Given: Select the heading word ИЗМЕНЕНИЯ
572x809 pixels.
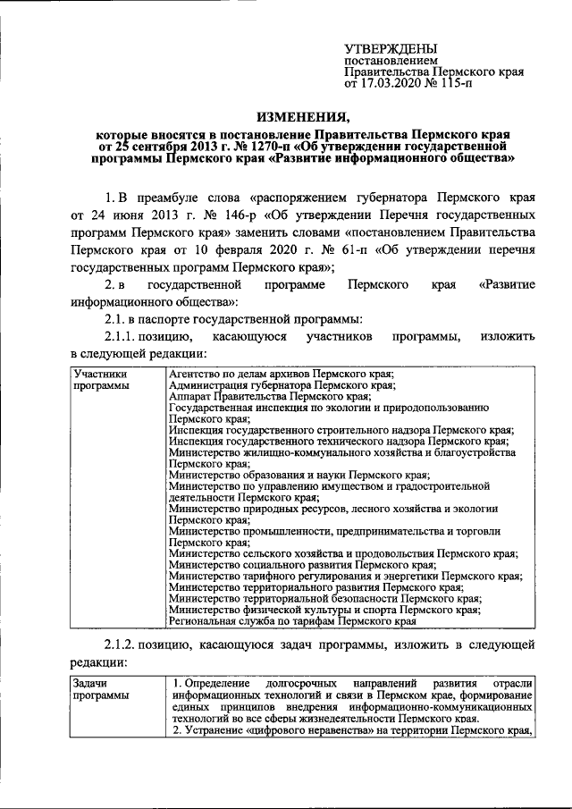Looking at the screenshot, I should click(x=304, y=116).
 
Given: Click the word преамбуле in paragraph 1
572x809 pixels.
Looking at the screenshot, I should click(x=180, y=198).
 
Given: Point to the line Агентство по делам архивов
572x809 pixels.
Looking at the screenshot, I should click(x=282, y=374).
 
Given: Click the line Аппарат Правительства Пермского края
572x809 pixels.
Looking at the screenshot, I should click(x=269, y=396).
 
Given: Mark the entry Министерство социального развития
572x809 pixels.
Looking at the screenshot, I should click(x=302, y=566).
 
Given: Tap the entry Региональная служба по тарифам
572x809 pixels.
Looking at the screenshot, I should click(x=292, y=621).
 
